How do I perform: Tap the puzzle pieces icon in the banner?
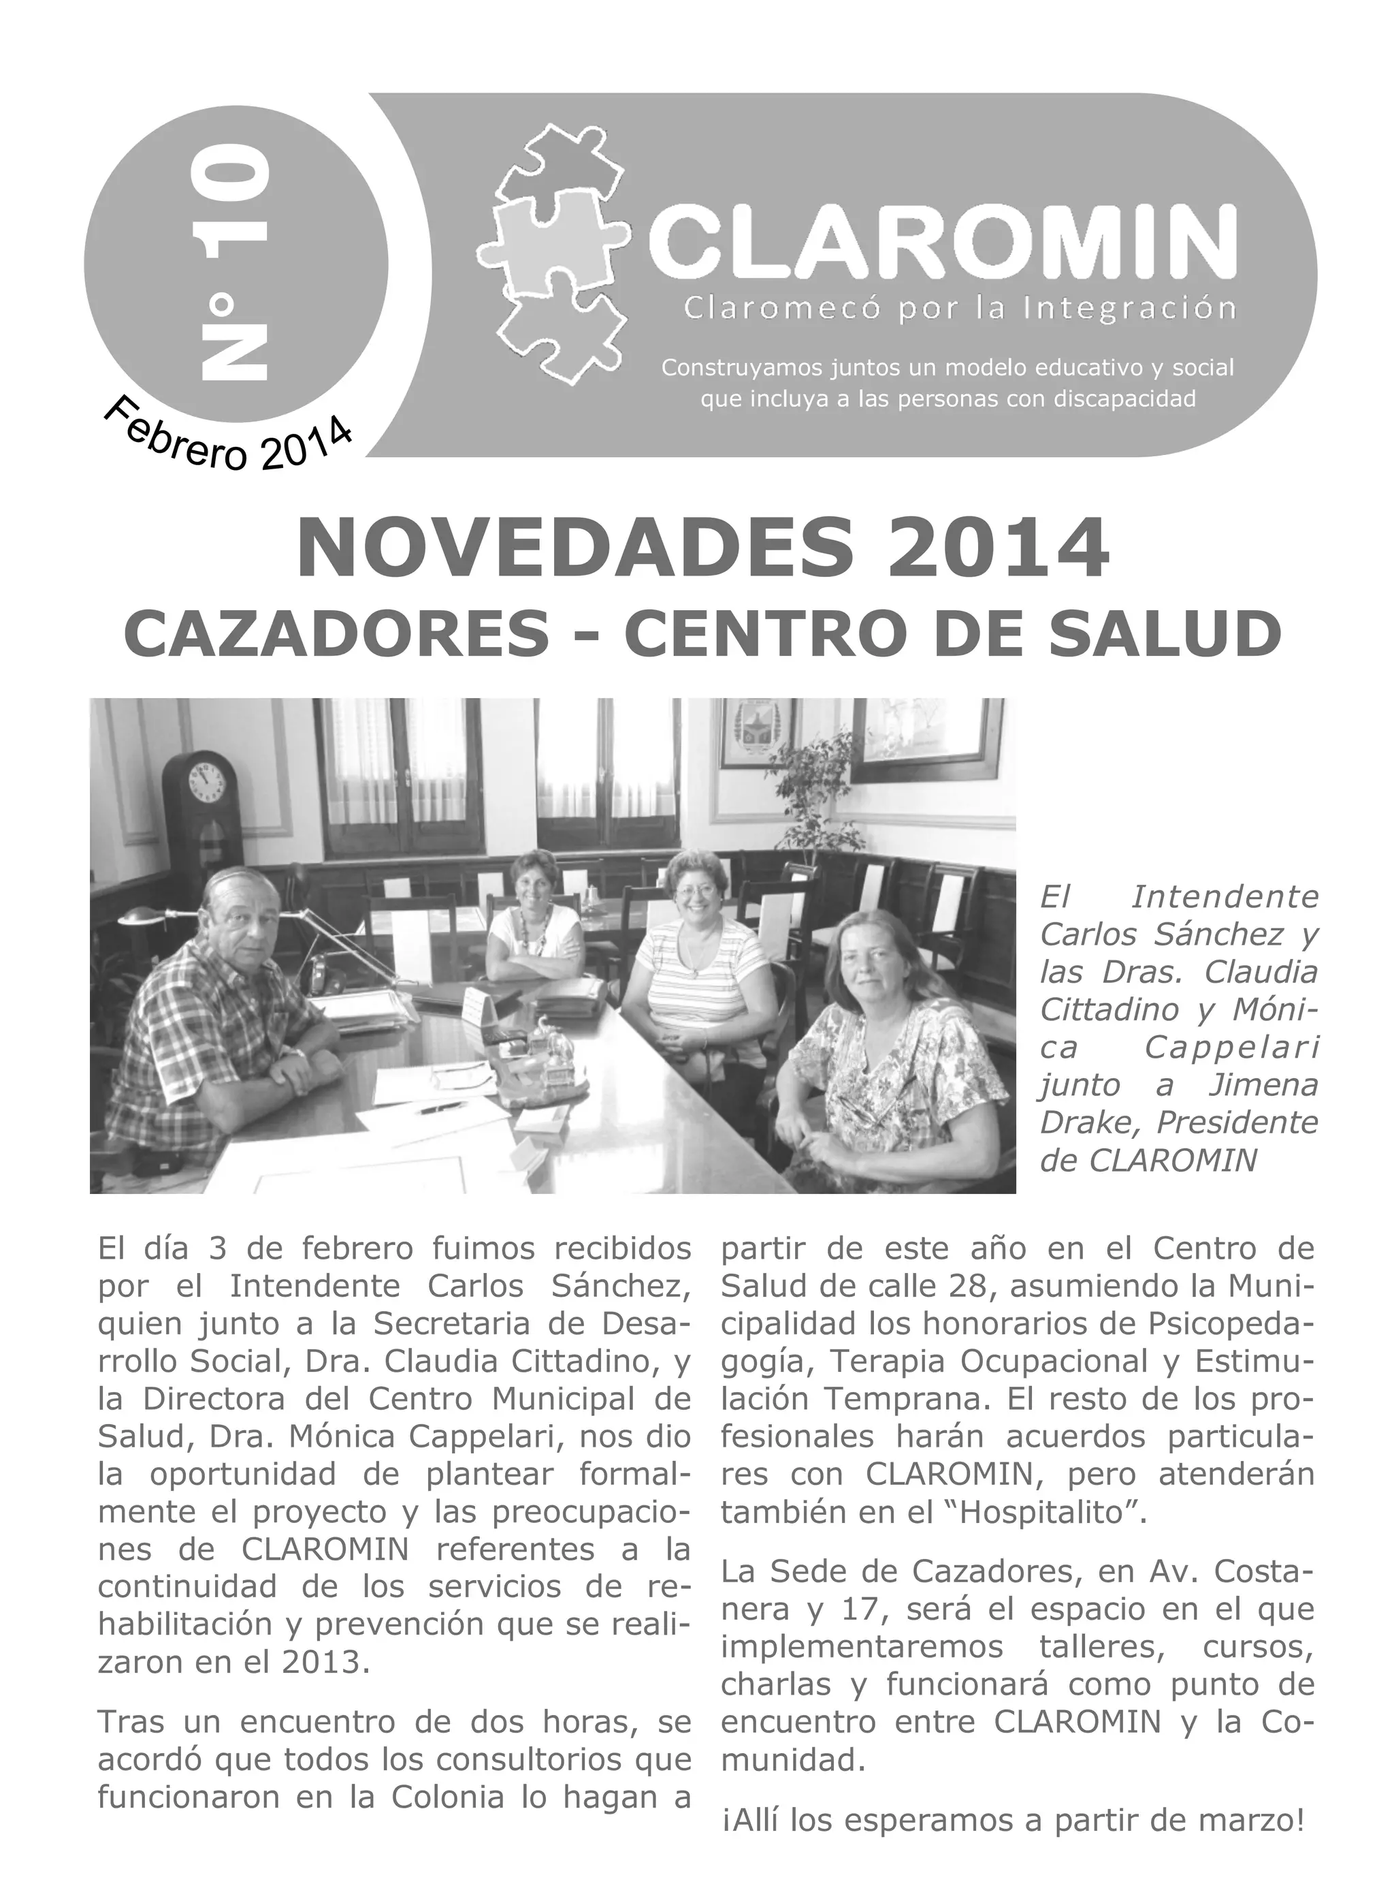click(553, 253)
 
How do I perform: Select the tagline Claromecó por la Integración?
click(960, 309)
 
